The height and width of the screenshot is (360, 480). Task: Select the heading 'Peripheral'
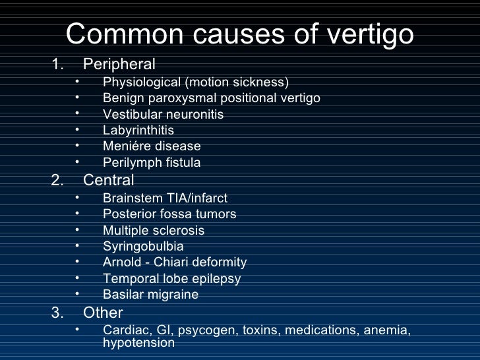point(119,65)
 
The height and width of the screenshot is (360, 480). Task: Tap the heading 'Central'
point(109,180)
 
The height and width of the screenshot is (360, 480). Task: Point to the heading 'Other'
point(103,313)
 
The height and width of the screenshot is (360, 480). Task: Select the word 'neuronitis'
point(194,115)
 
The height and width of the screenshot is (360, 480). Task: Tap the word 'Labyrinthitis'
point(138,131)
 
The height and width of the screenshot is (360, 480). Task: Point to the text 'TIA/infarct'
point(195,198)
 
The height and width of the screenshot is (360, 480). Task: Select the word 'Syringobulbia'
point(143,247)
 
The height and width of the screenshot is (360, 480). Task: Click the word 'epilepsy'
point(214,279)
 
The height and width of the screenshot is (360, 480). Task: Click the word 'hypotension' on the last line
point(138,343)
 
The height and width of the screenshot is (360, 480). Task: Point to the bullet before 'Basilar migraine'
point(76,293)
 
